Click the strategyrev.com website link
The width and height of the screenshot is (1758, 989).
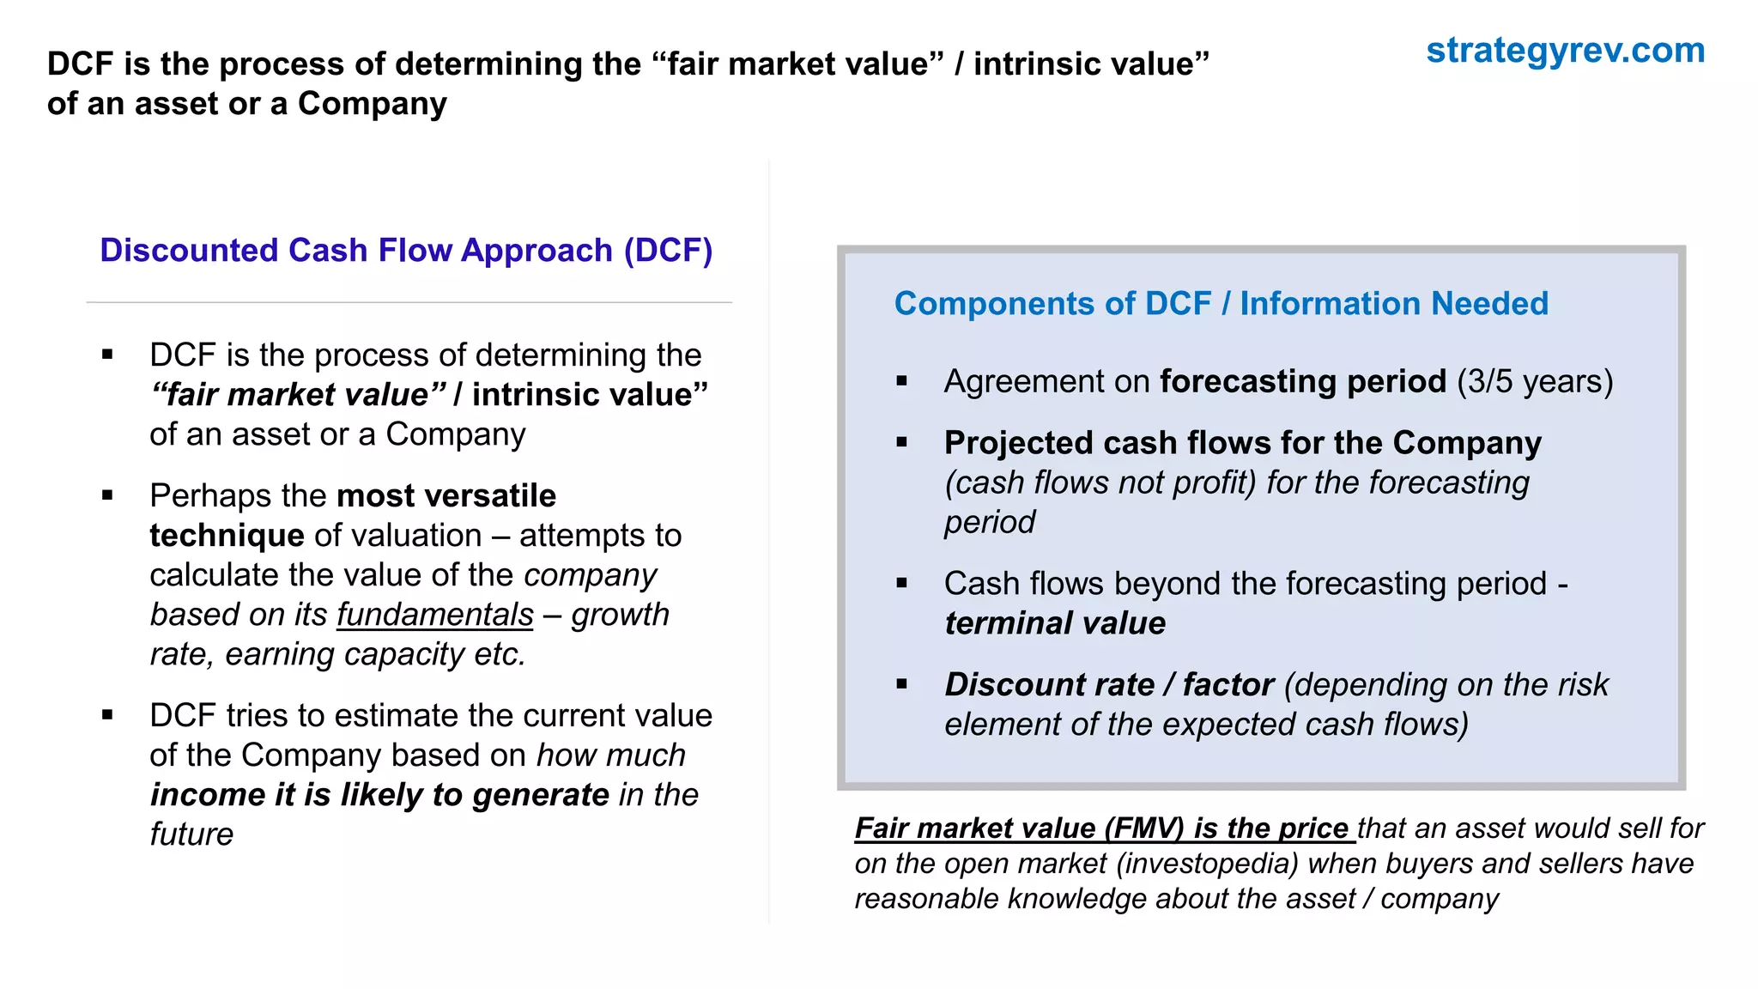[1565, 51]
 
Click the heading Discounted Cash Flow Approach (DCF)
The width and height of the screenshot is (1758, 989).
[406, 251]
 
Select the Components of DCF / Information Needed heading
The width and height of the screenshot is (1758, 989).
[1221, 304]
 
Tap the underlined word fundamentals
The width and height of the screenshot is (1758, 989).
[434, 615]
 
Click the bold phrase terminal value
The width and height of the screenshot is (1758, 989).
[1055, 623]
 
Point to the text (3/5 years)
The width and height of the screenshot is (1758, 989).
[1535, 381]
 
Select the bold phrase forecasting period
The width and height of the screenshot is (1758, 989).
[1302, 381]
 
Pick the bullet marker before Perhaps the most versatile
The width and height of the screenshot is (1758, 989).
[107, 495]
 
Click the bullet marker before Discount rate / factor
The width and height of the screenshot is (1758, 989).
[901, 684]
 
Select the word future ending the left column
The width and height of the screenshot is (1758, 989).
[191, 834]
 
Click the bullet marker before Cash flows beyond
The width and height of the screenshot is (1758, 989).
[901, 583]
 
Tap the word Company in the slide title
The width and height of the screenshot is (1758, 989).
[372, 104]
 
